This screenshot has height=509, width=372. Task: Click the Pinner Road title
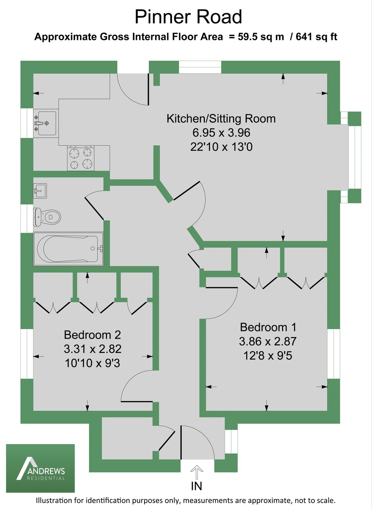pos(189,17)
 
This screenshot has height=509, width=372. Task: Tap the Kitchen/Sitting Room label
pos(221,119)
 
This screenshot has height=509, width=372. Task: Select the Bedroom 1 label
pos(268,327)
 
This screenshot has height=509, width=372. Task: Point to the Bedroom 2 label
pos(92,335)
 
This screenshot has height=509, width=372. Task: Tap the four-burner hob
pos(81,158)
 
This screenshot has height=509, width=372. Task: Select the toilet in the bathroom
pos(47,217)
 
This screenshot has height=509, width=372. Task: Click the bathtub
pos(68,249)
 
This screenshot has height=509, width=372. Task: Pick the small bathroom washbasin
pos(40,191)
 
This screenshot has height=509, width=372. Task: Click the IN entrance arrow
pos(197,472)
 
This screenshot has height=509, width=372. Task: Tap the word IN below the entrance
pos(197,486)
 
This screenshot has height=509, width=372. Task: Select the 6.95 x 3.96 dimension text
pos(221,133)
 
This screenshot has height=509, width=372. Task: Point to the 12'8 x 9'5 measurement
pos(268,355)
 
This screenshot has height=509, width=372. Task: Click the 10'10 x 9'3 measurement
pos(92,363)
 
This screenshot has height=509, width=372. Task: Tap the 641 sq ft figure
pos(316,37)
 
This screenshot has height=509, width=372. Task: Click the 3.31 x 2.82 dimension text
pos(93,349)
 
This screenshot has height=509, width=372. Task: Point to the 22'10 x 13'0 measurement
pos(221,147)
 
